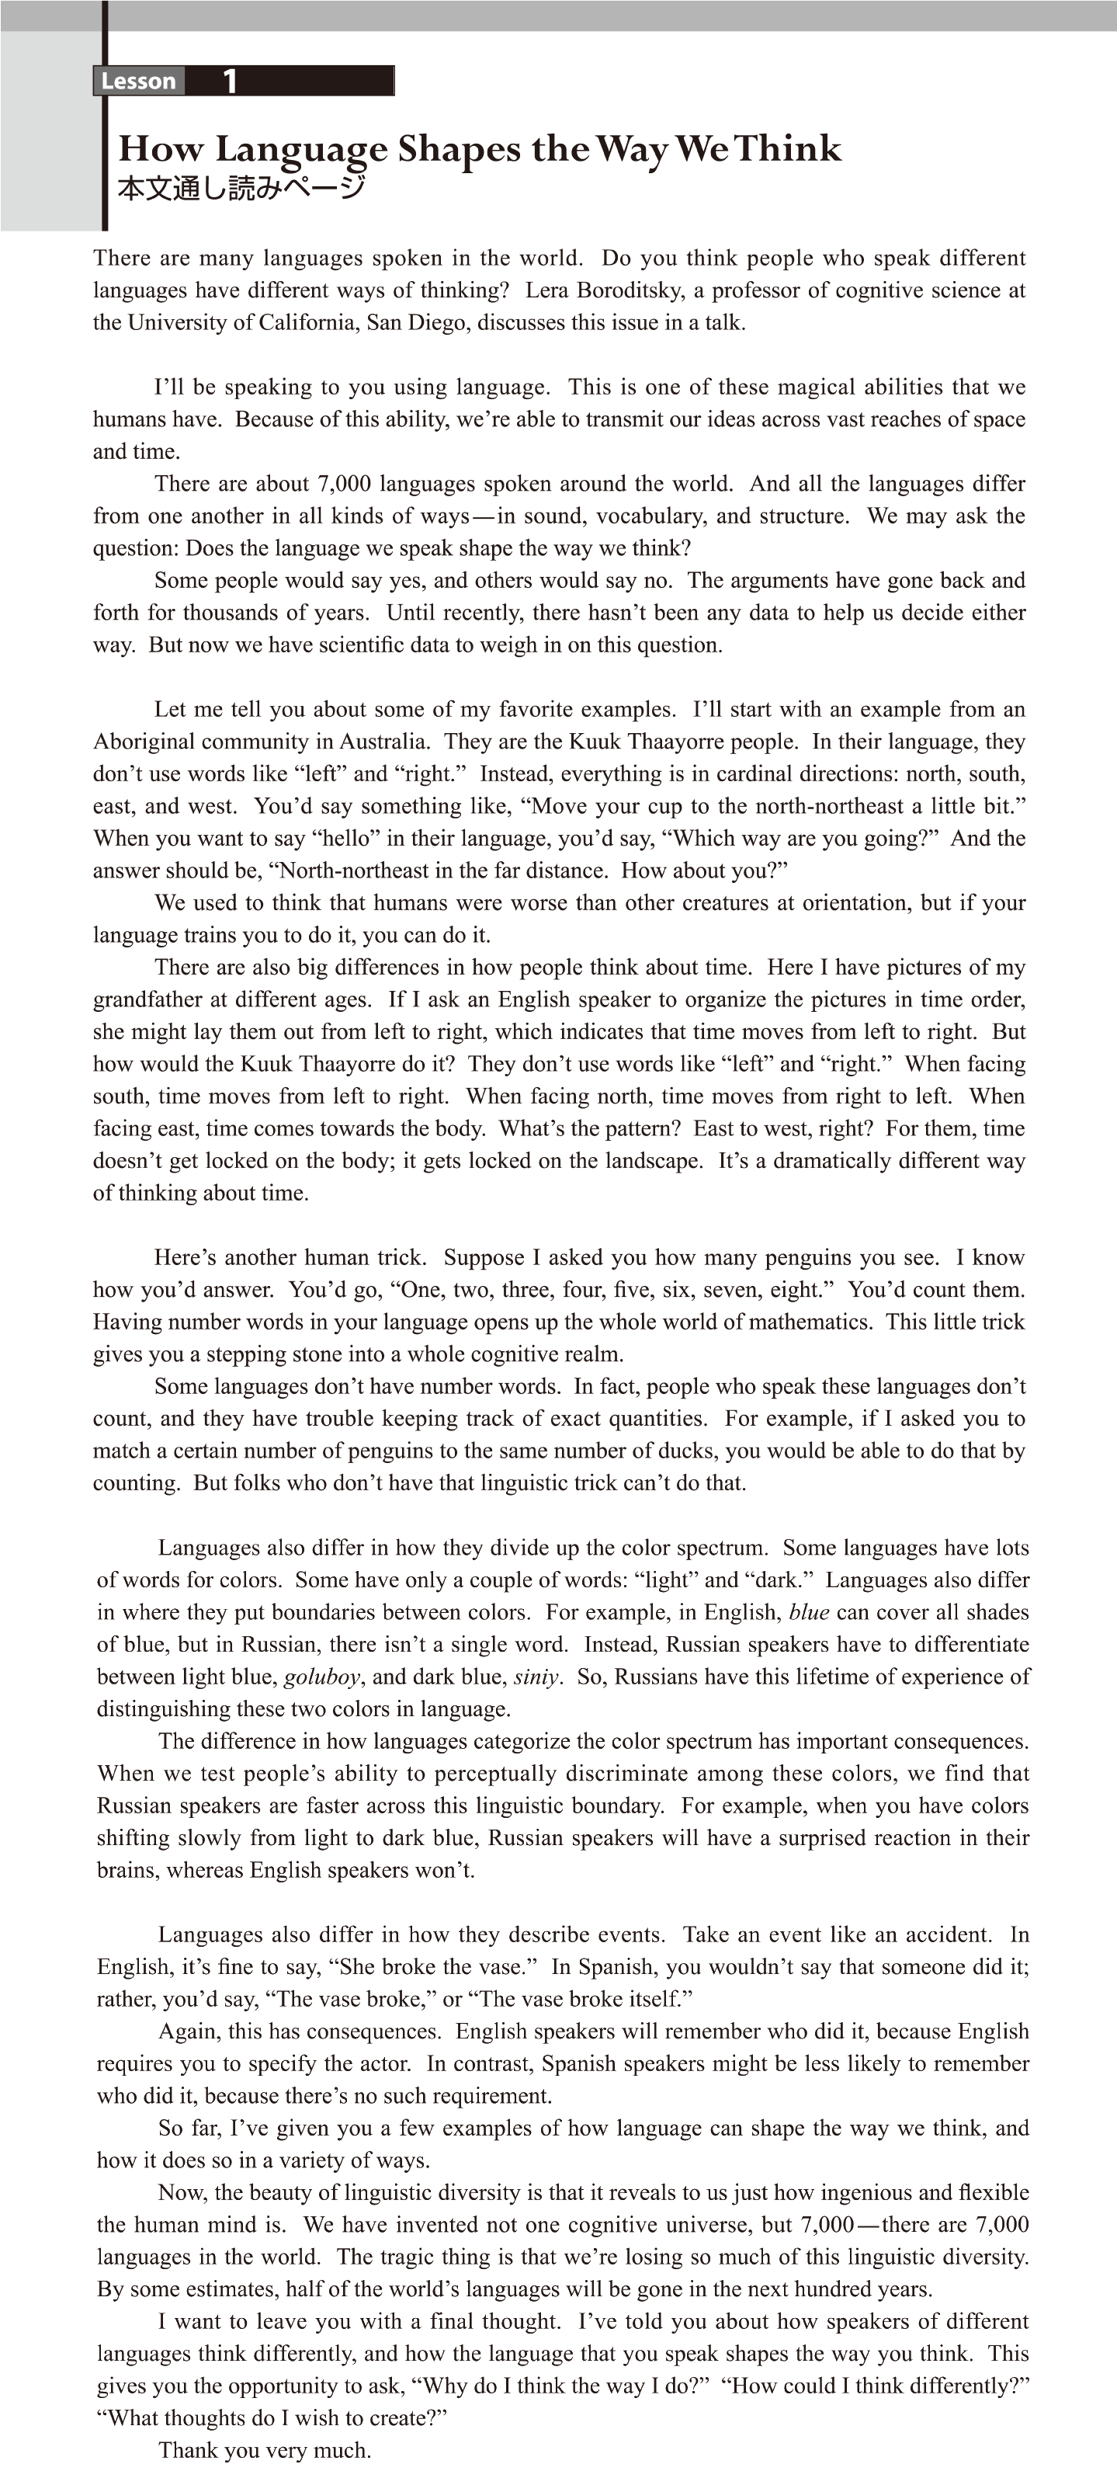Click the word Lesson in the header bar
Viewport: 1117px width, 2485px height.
click(138, 81)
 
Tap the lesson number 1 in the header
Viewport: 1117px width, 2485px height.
click(230, 81)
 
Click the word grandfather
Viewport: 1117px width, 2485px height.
click(147, 999)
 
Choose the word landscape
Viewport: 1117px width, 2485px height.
click(649, 1160)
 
